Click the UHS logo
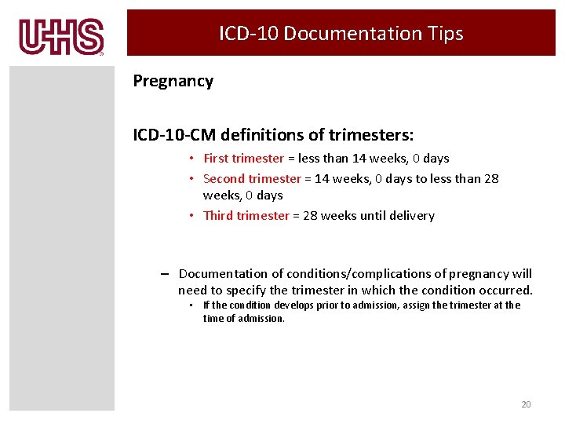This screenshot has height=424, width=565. pos(61,37)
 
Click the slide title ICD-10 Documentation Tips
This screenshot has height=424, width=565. pos(341,33)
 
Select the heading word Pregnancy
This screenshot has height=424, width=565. pos(173,81)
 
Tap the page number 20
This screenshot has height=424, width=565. pos(526,404)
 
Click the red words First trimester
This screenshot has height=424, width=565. pos(243,159)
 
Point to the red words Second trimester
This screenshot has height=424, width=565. pos(252,179)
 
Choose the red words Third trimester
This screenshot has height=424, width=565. pos(246,216)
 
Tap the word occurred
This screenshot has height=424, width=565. pos(505,291)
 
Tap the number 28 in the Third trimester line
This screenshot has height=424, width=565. pos(310,216)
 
